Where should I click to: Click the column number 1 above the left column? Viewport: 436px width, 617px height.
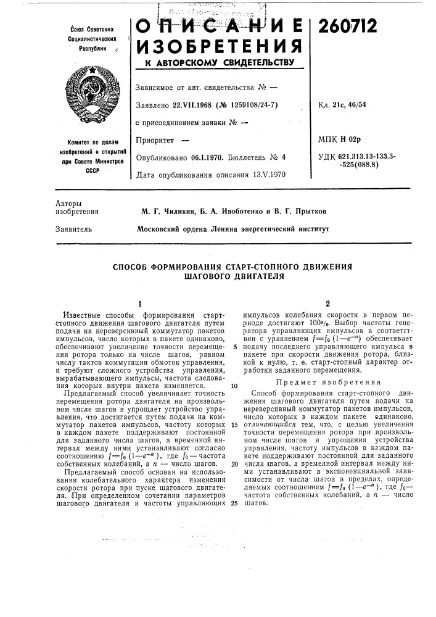pyautogui.click(x=141, y=303)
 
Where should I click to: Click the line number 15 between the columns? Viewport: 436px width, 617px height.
pyautogui.click(x=235, y=426)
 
